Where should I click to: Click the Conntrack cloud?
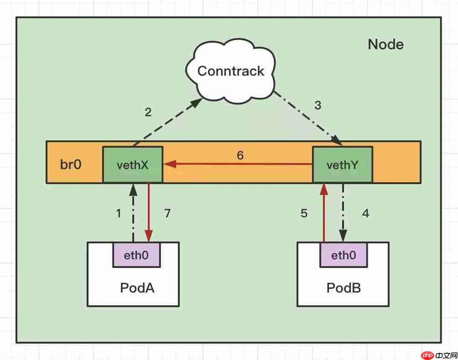[x=231, y=71]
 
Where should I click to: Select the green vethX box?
[x=132, y=165]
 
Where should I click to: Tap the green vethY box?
[x=342, y=165]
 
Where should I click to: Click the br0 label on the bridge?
[x=71, y=165]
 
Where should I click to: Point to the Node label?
[x=385, y=45]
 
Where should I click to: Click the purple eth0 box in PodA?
[x=136, y=255]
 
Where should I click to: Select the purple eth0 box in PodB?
[x=343, y=255]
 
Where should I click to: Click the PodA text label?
[x=137, y=288]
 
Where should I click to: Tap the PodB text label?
[x=343, y=288]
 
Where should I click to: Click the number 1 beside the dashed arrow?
[x=119, y=213]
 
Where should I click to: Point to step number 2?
[x=148, y=112]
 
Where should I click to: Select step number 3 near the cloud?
[x=318, y=105]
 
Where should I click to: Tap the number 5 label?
[x=304, y=213]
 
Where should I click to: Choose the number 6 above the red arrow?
[x=240, y=155]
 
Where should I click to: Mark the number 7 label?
[x=167, y=213]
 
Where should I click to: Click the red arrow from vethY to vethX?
[x=237, y=164]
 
